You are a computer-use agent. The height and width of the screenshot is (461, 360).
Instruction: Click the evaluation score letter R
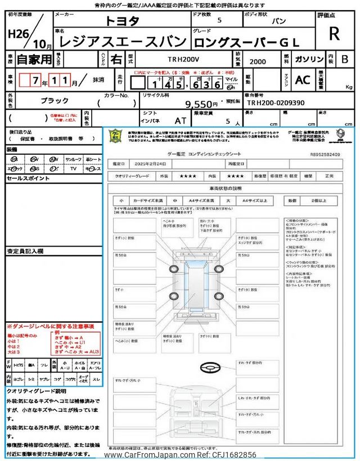[x=334, y=34]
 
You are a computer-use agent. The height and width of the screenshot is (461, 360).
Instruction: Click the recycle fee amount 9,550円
[x=201, y=104]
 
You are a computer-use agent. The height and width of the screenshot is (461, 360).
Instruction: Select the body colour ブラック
[x=55, y=100]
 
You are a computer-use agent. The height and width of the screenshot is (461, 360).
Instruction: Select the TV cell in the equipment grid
[x=73, y=169]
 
